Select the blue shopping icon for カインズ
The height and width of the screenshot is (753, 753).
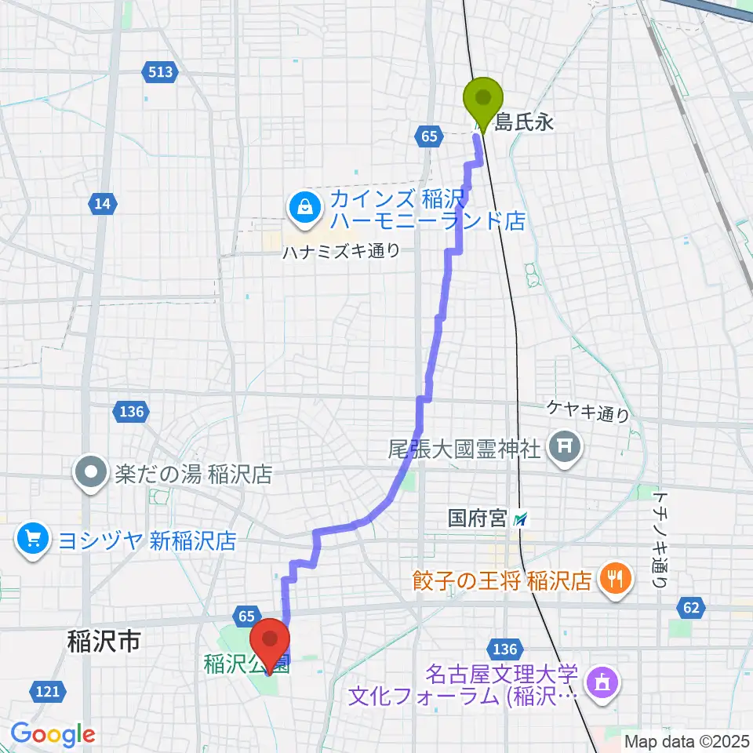303,207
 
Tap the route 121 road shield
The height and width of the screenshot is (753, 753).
47,690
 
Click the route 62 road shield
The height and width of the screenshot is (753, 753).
690,606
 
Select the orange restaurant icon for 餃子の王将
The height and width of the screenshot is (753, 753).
611,580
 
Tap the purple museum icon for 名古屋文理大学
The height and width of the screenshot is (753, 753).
602,682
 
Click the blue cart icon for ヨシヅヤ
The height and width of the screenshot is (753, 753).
32,540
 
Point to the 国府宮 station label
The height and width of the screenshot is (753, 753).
478,518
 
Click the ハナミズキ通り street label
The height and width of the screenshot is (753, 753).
342,251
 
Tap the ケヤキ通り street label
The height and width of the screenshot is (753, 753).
588,410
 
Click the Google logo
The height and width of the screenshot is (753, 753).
53,734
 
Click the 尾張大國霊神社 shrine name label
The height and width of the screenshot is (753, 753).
464,449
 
